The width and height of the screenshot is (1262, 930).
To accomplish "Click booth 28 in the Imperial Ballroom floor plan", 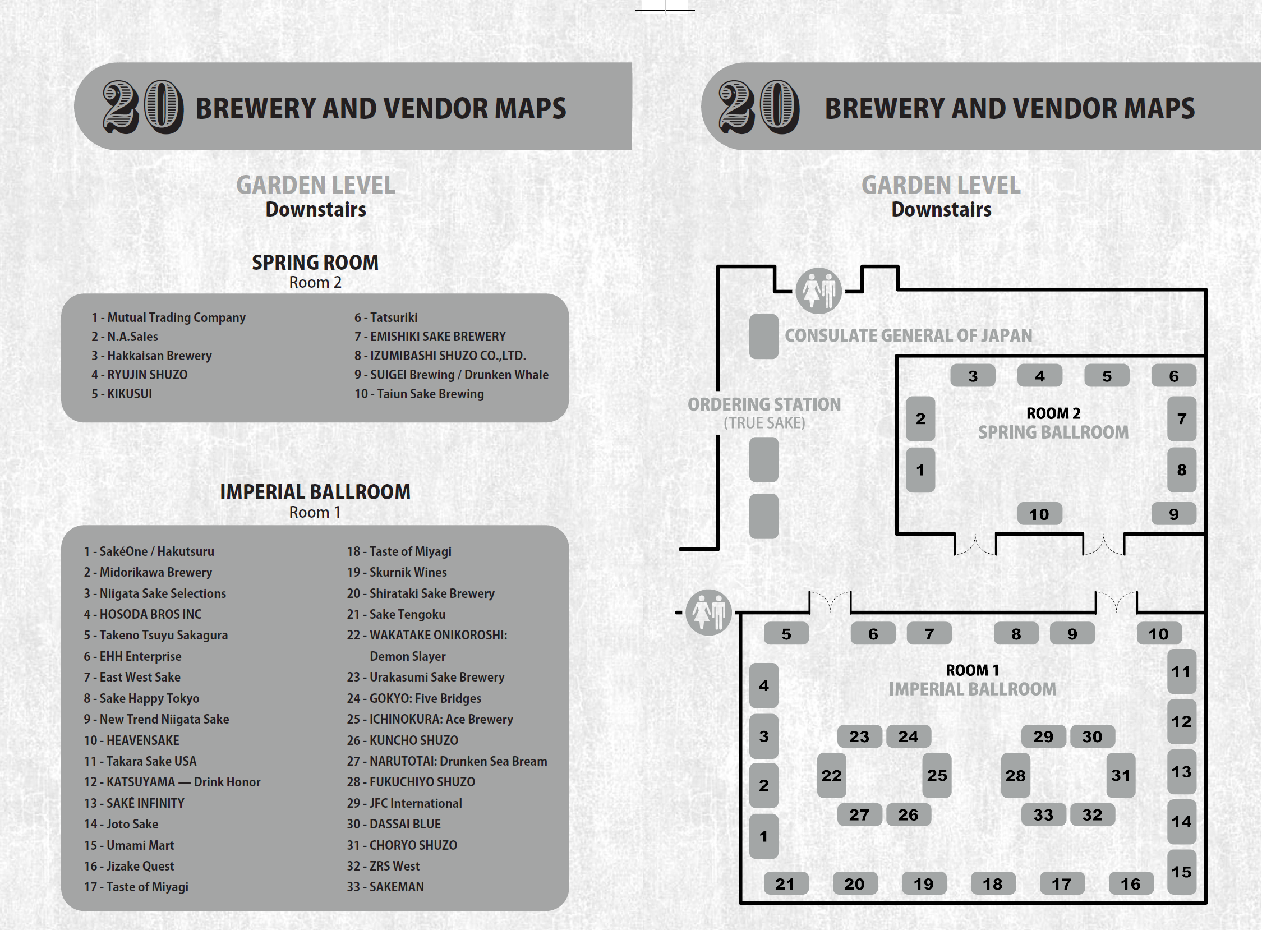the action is click(x=1015, y=775).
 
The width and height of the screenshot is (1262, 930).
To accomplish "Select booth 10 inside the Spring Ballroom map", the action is click(x=1039, y=514).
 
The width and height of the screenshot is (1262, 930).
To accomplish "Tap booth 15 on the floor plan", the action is click(x=1181, y=872).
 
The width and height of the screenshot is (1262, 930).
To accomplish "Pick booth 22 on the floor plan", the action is click(x=831, y=775).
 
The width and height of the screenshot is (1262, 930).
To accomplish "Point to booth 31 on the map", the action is click(x=1121, y=775).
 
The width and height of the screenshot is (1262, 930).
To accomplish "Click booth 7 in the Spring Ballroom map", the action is click(x=1181, y=418).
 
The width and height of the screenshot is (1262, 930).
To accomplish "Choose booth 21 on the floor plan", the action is click(x=785, y=884).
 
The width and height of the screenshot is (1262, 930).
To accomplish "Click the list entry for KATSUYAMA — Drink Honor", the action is click(x=172, y=782).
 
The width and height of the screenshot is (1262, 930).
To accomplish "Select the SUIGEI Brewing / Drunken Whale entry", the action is click(x=451, y=375).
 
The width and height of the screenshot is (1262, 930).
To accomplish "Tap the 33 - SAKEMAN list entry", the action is click(x=385, y=887).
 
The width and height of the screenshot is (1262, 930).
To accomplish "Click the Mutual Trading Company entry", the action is click(x=168, y=317).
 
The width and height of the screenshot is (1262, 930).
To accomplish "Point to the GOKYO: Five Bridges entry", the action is click(x=414, y=698).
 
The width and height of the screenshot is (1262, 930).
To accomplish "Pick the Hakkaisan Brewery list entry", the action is click(x=151, y=356).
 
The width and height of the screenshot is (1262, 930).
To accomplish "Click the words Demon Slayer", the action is click(x=407, y=656).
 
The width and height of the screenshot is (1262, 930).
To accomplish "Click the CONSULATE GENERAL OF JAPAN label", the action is click(x=908, y=335).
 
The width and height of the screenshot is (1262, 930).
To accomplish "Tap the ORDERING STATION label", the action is click(x=764, y=404).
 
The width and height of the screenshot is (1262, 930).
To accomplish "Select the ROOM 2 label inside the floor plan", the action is click(x=1053, y=413).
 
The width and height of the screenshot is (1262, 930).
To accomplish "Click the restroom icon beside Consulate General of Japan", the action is click(x=818, y=291).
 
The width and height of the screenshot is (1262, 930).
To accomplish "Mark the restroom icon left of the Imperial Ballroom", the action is click(x=708, y=612).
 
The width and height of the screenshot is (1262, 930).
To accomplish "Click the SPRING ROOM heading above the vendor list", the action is click(x=315, y=263).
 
